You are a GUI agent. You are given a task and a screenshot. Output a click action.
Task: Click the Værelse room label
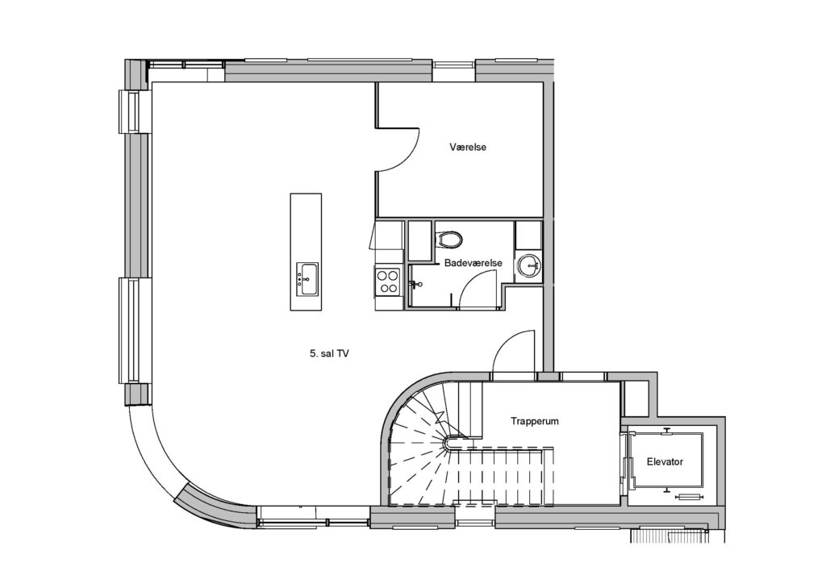click(x=468, y=147)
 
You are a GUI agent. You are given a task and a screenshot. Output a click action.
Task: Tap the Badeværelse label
click(x=473, y=263)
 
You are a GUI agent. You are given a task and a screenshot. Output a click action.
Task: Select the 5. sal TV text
click(x=329, y=354)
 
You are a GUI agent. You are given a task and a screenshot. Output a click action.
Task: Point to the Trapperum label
click(x=535, y=421)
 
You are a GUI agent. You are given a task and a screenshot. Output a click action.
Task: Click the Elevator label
click(x=665, y=462)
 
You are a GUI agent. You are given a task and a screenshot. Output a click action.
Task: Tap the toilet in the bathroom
click(x=450, y=239)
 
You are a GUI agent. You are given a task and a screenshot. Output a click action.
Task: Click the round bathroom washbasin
click(x=528, y=266)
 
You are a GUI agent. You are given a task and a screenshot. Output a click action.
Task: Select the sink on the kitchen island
click(x=307, y=279)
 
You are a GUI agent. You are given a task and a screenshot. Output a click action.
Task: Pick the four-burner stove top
click(x=388, y=281)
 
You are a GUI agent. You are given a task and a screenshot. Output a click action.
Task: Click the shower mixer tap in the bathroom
click(x=415, y=285)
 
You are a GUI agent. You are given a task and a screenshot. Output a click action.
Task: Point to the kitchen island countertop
click(x=306, y=252)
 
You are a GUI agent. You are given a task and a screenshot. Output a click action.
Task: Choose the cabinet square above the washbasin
click(x=528, y=236)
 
